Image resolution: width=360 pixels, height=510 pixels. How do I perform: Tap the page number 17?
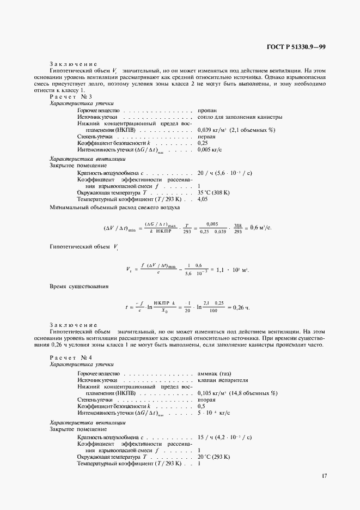click(324, 476)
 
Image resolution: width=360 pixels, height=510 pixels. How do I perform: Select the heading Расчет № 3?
click(71, 96)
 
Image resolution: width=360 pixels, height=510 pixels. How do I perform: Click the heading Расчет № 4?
click(71, 357)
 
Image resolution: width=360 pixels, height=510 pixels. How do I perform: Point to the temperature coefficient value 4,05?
click(203, 199)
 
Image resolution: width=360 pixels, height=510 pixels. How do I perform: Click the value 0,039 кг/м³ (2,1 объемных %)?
click(236, 130)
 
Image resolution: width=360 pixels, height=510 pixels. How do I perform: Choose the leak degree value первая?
click(206, 136)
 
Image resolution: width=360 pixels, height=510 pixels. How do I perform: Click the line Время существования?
click(79, 286)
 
